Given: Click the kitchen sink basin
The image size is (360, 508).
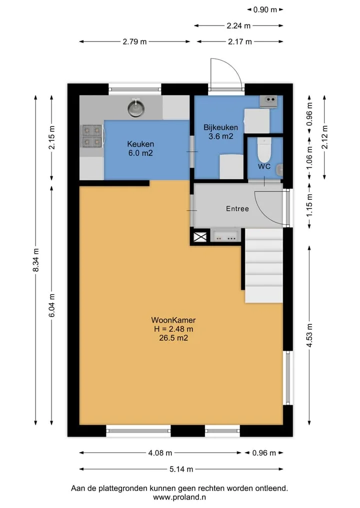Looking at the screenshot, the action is [x=136, y=108].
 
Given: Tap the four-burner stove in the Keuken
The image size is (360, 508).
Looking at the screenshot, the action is [x=92, y=136].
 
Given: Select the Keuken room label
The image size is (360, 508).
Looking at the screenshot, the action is [x=140, y=144].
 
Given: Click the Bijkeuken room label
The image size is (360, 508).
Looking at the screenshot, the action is [x=220, y=127].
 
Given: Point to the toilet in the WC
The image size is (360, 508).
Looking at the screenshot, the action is [x=264, y=150].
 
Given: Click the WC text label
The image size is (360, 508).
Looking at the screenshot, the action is [x=264, y=166].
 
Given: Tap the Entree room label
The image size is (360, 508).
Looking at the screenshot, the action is [x=237, y=209].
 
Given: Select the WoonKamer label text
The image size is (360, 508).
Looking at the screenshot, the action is [x=173, y=320].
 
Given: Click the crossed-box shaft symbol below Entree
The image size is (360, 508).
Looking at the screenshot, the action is [x=200, y=236].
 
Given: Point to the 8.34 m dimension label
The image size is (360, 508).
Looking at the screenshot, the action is [x=36, y=260].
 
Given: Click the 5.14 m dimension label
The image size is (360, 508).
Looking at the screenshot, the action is [x=181, y=469].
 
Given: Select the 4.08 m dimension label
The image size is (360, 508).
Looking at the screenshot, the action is [x=160, y=453].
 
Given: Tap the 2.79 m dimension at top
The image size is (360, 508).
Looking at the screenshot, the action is [x=134, y=42].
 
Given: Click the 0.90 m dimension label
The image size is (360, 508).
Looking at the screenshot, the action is [x=265, y=9].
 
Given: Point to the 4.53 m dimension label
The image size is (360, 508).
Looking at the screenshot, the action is [x=309, y=335].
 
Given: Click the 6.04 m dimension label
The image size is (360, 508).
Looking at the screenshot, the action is [x=52, y=306].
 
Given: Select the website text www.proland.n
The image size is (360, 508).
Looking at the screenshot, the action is [x=179, y=497].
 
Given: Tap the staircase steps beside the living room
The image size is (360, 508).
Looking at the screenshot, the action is [x=263, y=266].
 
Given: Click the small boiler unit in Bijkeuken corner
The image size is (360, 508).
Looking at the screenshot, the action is [x=268, y=101].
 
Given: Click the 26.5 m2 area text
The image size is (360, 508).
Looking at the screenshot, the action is [x=173, y=338].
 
